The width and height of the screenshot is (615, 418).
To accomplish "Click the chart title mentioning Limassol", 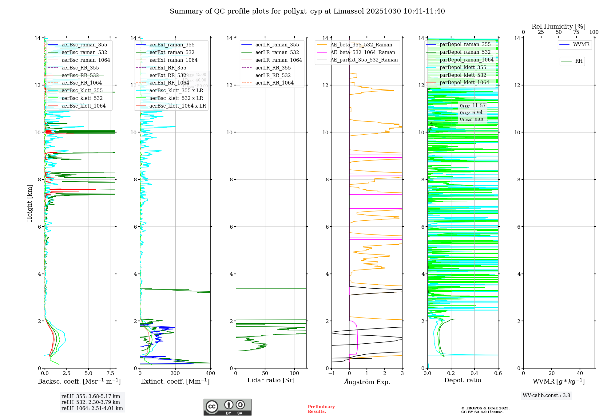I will (307, 11).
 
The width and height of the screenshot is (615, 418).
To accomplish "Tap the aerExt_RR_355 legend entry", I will (168, 68).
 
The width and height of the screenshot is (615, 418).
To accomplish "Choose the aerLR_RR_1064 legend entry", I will (274, 83).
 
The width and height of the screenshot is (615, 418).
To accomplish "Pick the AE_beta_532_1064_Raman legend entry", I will (363, 52).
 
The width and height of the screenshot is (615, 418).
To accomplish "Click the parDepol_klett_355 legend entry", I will (463, 67).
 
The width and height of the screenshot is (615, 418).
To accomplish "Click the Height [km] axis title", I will (30, 203).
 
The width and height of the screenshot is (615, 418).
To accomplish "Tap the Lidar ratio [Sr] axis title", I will (271, 380).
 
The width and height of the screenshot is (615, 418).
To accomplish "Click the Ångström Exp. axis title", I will (367, 382).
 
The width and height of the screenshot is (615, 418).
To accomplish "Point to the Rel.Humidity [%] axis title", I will (558, 26).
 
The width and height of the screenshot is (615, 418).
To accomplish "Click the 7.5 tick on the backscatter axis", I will (110, 373).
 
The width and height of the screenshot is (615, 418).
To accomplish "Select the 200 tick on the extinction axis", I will (175, 373).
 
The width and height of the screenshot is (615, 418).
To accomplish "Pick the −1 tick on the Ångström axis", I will (331, 373).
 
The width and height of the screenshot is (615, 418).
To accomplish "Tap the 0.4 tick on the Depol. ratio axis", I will (474, 373).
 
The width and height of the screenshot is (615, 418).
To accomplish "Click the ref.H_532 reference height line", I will (91, 402).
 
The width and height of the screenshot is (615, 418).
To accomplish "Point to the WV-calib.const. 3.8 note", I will (546, 395).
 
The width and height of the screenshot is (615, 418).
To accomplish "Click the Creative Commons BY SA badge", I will (228, 407).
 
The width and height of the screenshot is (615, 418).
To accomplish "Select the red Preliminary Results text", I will (321, 409).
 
